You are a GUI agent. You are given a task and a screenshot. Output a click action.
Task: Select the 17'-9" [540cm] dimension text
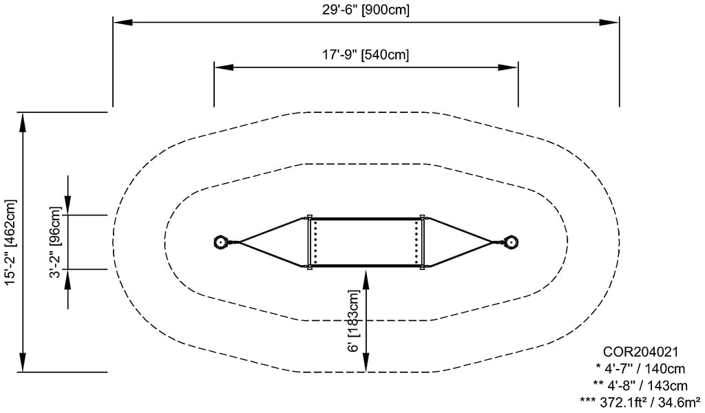(x=366, y=54)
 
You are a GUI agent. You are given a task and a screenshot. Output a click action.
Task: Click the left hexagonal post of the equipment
(x=222, y=242)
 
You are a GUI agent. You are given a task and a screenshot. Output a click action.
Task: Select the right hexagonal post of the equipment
(x=512, y=242)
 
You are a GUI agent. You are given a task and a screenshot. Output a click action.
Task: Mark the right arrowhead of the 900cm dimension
(x=610, y=23)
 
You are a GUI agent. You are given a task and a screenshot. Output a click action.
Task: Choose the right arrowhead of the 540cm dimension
(x=509, y=67)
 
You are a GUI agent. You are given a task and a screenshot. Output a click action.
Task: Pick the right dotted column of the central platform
(x=417, y=242)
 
